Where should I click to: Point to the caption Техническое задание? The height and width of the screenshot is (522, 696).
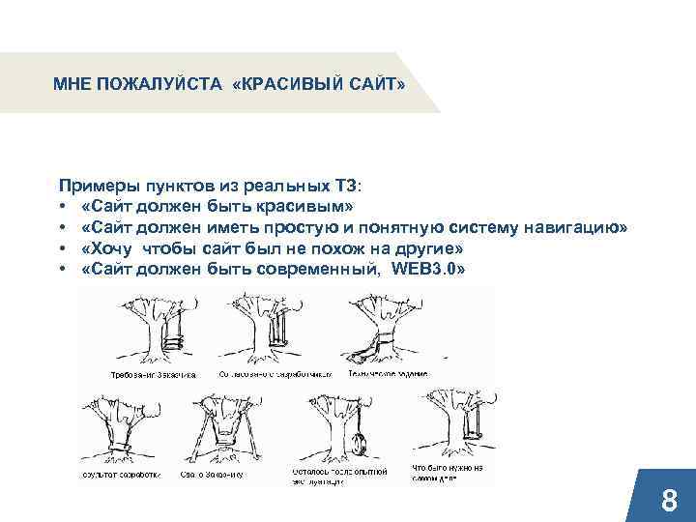[x=390, y=372]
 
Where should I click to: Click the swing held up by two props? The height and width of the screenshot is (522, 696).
[x=230, y=430]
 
